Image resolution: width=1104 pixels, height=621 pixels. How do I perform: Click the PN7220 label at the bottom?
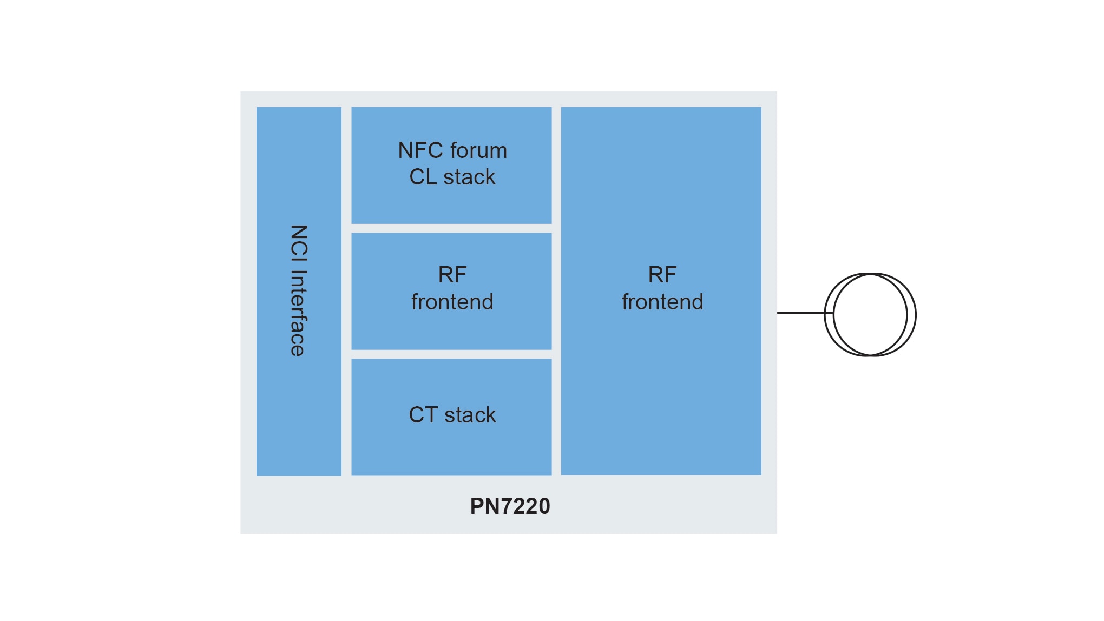(510, 506)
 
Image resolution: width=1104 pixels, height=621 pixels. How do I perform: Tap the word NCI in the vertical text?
(299, 242)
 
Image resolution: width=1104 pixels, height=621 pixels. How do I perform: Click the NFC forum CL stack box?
(451, 206)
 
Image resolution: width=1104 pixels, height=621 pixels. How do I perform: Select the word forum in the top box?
(478, 150)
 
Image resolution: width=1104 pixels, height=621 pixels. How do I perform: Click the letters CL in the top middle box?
(423, 177)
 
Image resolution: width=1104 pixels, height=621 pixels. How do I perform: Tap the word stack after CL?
(469, 177)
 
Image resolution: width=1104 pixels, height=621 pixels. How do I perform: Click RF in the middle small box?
(452, 275)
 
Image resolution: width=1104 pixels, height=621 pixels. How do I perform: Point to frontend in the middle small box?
(452, 302)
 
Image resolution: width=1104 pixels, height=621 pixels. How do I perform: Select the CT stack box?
(451, 449)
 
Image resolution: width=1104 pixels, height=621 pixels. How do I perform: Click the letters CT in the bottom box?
(423, 415)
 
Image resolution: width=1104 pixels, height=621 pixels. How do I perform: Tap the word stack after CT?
(470, 415)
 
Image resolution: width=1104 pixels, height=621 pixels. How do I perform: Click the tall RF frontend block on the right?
(661, 406)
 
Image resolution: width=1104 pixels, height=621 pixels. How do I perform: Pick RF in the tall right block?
(662, 275)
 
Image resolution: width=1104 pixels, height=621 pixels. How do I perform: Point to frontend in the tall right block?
(662, 302)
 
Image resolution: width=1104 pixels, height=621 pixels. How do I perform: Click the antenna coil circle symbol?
(870, 315)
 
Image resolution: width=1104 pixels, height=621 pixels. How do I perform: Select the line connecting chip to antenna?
(801, 313)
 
